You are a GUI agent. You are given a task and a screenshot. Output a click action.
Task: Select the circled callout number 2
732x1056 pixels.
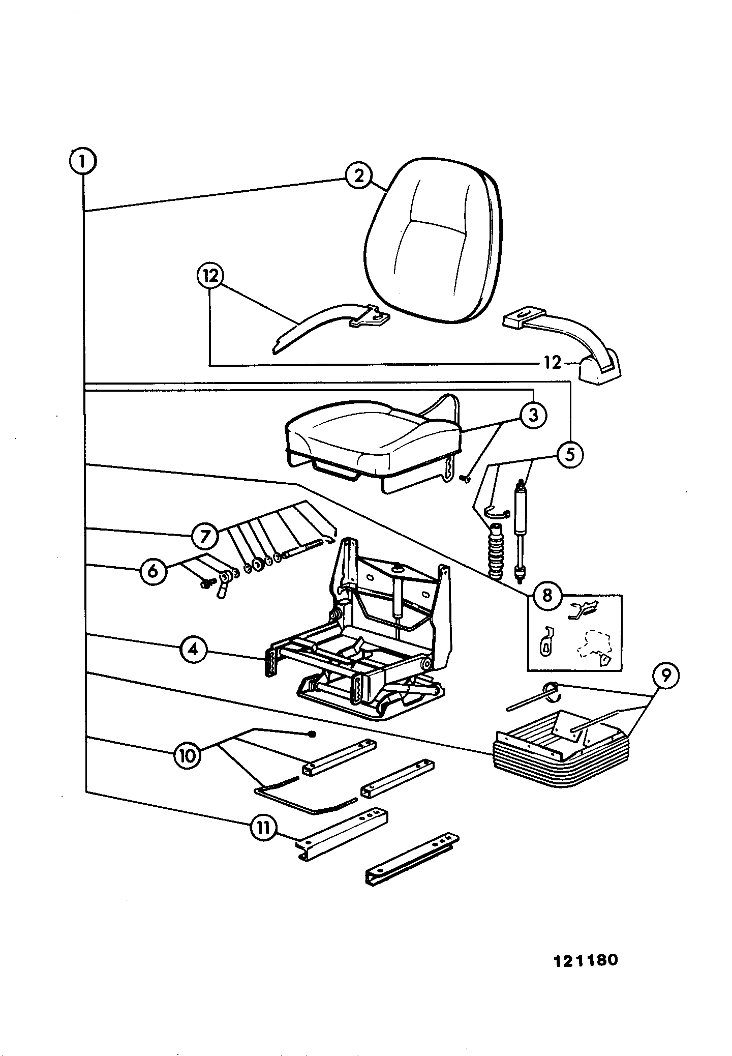coord(359,176)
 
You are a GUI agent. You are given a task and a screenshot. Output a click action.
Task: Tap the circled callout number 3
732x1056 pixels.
coord(532,416)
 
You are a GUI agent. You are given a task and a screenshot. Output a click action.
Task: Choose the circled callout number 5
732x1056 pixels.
coord(569,454)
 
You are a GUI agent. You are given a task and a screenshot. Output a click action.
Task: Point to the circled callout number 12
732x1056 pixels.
coord(210,276)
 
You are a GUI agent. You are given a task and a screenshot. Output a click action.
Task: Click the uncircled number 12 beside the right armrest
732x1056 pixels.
coord(552,363)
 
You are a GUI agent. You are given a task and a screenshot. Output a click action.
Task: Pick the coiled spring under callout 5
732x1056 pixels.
coord(495,554)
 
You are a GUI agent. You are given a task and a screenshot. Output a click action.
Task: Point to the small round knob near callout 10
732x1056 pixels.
coord(312,734)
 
